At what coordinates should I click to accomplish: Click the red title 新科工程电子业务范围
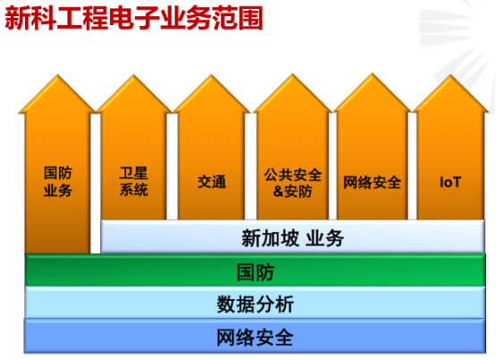tap(133, 18)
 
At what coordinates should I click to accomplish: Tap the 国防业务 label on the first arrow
tap(58, 182)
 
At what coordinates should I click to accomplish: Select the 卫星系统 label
tap(133, 182)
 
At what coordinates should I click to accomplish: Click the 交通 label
tap(211, 182)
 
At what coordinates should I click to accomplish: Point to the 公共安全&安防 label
tap(293, 183)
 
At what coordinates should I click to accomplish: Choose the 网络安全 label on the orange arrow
tap(372, 183)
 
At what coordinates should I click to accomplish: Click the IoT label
tap(450, 182)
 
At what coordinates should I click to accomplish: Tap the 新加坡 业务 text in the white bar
tap(293, 238)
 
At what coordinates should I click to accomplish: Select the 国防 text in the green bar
tap(255, 272)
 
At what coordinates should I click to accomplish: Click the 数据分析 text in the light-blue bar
tap(255, 304)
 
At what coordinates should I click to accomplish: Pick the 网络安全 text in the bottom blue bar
tap(255, 338)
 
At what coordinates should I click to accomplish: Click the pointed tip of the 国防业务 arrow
tap(57, 75)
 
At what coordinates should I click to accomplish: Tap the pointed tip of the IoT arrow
tap(450, 75)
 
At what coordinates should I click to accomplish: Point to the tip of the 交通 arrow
tap(211, 75)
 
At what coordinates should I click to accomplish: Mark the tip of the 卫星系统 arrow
tap(133, 75)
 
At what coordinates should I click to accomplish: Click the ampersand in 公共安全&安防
tap(278, 192)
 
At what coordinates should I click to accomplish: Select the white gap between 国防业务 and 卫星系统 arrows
tap(95, 184)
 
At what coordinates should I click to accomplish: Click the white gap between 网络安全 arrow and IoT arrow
tap(412, 166)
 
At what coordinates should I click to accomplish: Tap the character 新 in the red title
tap(17, 18)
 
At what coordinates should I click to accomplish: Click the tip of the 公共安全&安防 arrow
tap(293, 74)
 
